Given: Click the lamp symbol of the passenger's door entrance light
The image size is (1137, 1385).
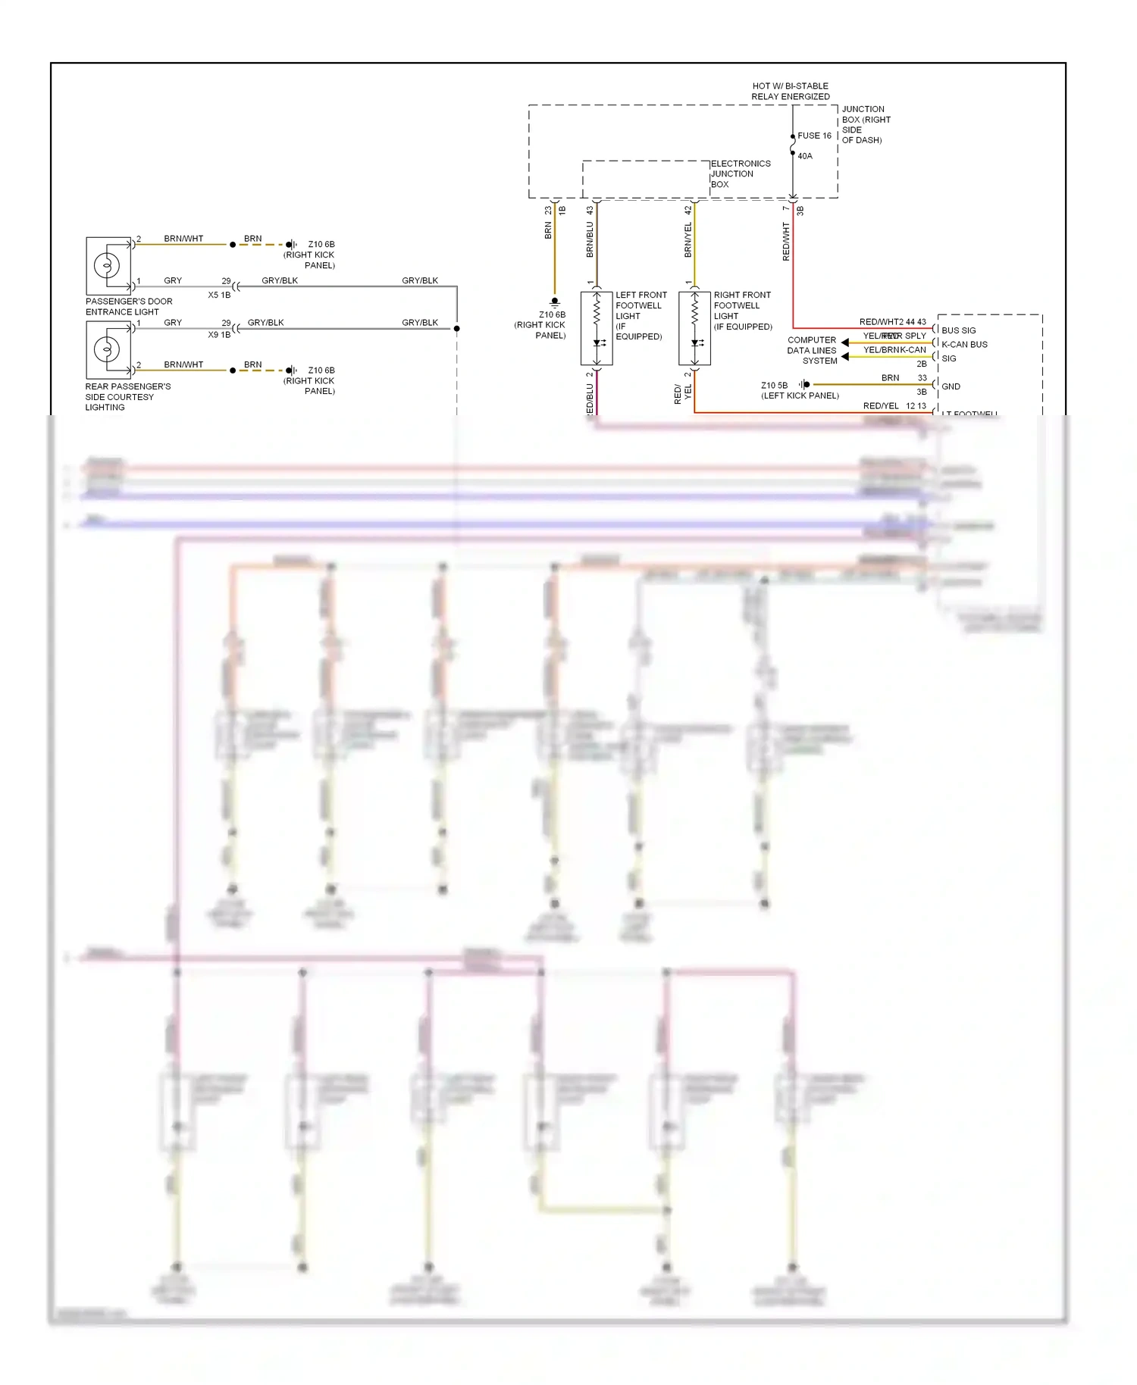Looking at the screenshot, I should coord(107,265).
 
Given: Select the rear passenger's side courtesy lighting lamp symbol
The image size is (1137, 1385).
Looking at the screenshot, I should coord(107,349).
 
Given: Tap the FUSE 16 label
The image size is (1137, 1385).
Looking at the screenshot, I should coord(814,136).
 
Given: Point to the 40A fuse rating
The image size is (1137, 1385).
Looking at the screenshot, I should coord(804,156).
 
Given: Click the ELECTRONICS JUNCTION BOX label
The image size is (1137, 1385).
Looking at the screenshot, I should coord(740,174).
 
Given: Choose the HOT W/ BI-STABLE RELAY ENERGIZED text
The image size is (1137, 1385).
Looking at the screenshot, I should coord(790,91).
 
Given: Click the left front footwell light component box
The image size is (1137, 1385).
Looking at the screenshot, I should coord(597,328).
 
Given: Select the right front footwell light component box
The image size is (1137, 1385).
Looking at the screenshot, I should coord(694,328).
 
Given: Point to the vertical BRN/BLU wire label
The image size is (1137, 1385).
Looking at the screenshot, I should coord(590,239).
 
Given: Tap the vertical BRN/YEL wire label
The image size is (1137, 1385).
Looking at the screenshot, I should coord(688,239).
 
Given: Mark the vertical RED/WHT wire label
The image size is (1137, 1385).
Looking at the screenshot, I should coord(786,241).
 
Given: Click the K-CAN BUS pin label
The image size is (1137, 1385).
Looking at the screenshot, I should coord(964,344).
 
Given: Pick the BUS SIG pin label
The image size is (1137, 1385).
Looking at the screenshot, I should coord(958,330).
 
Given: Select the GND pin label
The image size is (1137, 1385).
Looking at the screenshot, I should coord(951,386).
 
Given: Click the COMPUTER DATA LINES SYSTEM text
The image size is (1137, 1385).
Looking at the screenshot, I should coord(812,350).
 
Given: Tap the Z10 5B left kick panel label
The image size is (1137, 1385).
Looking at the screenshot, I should coord(799,390).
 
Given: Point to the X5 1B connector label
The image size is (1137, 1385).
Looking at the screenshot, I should coord(219,295).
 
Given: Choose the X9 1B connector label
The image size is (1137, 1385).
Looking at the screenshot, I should coord(219,334).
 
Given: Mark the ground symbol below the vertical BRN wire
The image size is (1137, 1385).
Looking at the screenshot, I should coord(555,302).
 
